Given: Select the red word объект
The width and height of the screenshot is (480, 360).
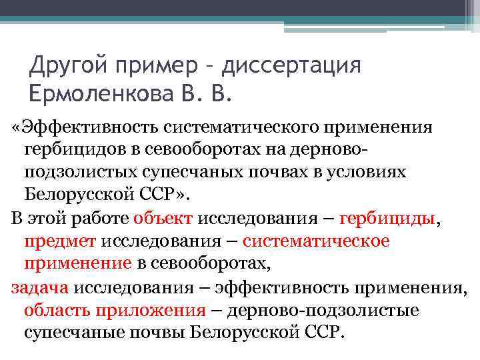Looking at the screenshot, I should pyautogui.click(x=162, y=217).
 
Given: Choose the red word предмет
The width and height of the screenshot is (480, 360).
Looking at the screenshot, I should pyautogui.click(x=61, y=241).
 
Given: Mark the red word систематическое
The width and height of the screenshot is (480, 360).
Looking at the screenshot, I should pyautogui.click(x=316, y=241).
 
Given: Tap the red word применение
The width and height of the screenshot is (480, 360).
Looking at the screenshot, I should pyautogui.click(x=78, y=263).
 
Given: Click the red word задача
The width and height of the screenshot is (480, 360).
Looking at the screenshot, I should pyautogui.click(x=40, y=287).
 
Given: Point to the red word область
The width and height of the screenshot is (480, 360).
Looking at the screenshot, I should pyautogui.click(x=57, y=310).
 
